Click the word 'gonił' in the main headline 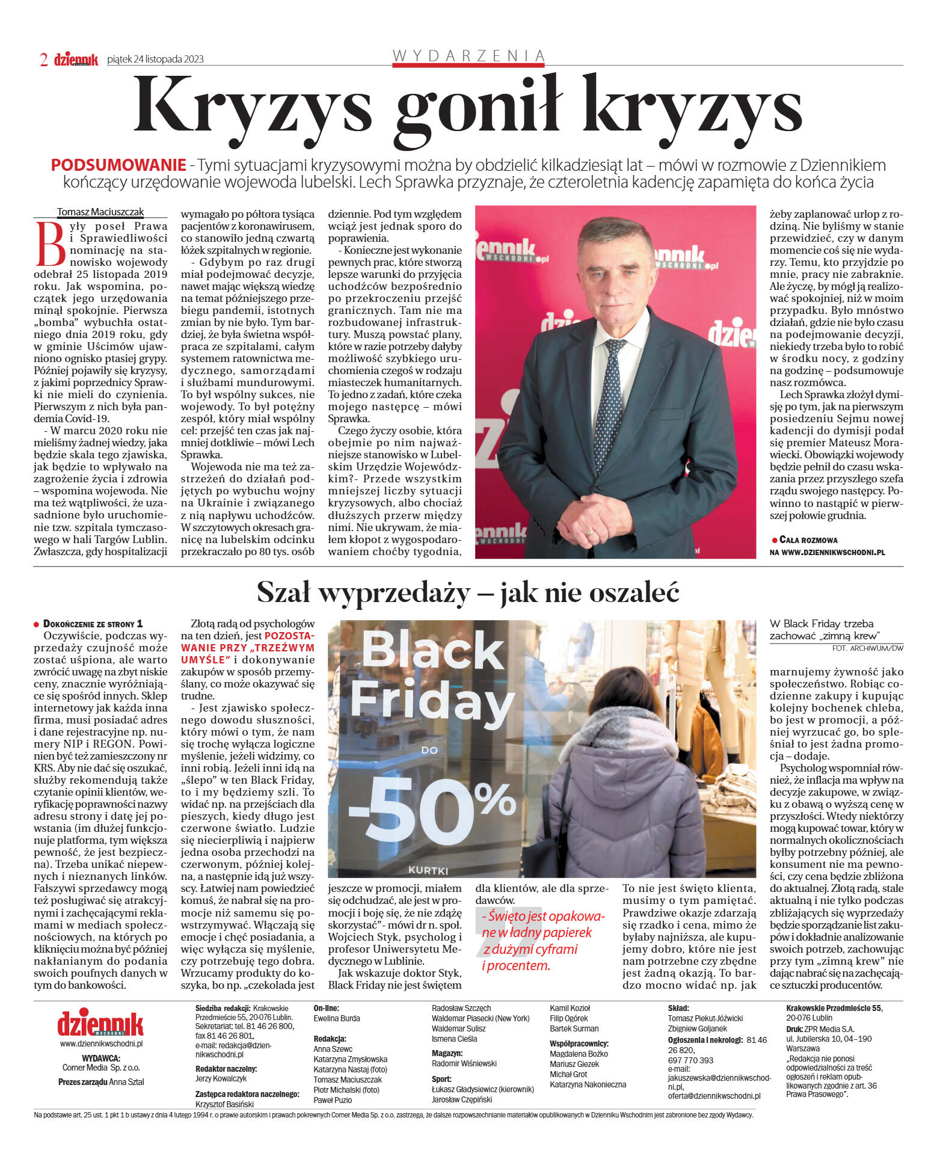point(478,108)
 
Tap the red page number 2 point(43,60)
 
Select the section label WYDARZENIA point(468,56)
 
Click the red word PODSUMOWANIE point(118,165)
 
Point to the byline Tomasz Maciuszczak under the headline point(100,212)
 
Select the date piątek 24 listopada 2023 point(155,59)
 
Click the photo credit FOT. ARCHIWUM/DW point(867,648)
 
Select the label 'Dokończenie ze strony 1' point(93,624)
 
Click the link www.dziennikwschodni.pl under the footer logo point(101,1044)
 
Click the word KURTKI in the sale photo point(428,870)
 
